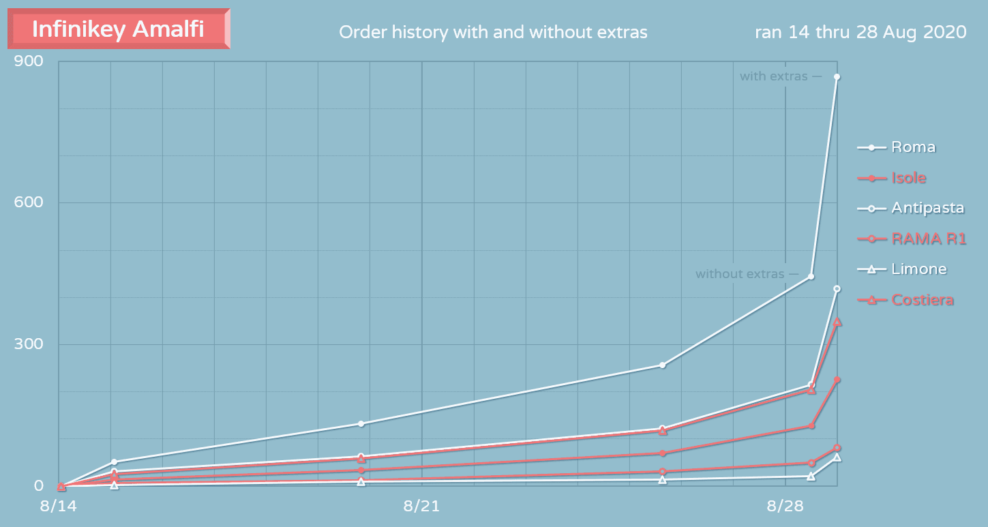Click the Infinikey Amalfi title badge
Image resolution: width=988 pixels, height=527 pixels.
click(x=118, y=29)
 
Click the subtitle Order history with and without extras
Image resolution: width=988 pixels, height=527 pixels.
click(x=493, y=32)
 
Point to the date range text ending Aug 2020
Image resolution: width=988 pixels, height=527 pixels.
click(x=860, y=32)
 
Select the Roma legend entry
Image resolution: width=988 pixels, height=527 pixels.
click(x=913, y=147)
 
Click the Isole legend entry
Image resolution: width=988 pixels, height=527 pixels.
click(x=909, y=178)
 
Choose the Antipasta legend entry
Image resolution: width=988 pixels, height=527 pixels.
click(x=927, y=208)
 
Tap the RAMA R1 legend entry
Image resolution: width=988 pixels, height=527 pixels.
click(x=929, y=239)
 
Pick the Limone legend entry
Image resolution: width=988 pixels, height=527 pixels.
click(x=918, y=269)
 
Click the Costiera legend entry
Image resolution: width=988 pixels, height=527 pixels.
click(x=922, y=300)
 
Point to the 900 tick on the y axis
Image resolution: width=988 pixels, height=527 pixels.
click(x=29, y=61)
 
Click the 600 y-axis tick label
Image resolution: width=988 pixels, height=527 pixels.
click(x=29, y=202)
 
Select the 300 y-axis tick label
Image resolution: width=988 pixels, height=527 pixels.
click(x=29, y=344)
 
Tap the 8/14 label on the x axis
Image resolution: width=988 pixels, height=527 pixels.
click(x=59, y=506)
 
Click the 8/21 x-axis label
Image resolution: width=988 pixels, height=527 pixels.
click(x=421, y=506)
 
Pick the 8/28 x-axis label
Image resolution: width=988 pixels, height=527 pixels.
click(x=785, y=506)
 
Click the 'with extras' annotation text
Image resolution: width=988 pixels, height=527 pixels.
click(x=773, y=76)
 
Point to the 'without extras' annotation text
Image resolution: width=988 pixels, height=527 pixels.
click(x=740, y=274)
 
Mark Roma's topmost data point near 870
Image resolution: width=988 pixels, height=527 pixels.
click(x=837, y=77)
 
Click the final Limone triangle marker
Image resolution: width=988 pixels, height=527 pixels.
click(x=837, y=457)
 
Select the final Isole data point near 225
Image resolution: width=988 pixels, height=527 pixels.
click(x=837, y=380)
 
